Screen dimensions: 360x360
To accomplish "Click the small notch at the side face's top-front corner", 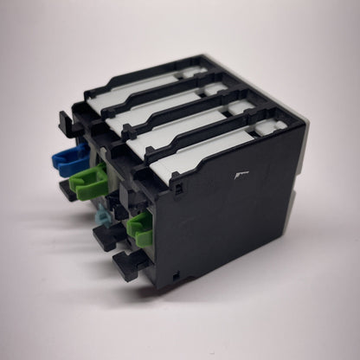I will [172, 184].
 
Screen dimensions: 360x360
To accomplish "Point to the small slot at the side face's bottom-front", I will [176, 275].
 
